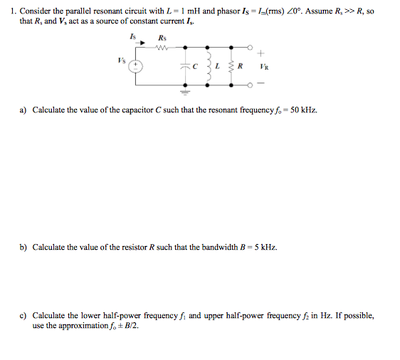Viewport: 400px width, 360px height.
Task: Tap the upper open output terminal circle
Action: [250, 48]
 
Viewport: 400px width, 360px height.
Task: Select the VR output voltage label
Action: [263, 66]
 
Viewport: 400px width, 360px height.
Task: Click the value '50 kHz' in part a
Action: [303, 110]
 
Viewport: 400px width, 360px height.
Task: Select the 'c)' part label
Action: [23, 315]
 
